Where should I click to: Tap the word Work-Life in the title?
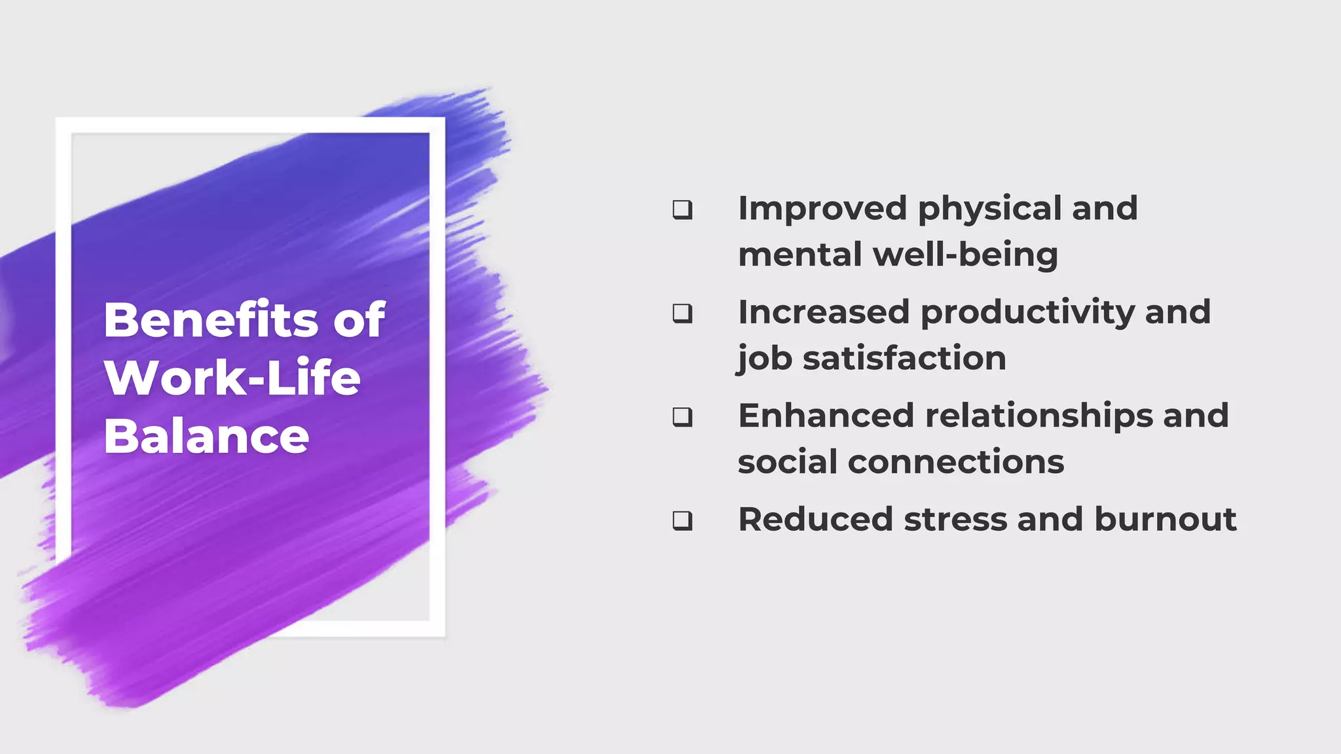[x=232, y=378]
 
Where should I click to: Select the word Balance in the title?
[x=206, y=436]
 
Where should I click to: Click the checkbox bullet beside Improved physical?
[x=682, y=209]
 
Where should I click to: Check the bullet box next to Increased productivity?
[x=682, y=314]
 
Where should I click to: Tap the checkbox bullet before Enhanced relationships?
[x=682, y=417]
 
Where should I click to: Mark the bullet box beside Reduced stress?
[x=682, y=521]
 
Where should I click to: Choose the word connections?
[x=956, y=462]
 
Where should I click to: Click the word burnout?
[x=1165, y=520]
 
